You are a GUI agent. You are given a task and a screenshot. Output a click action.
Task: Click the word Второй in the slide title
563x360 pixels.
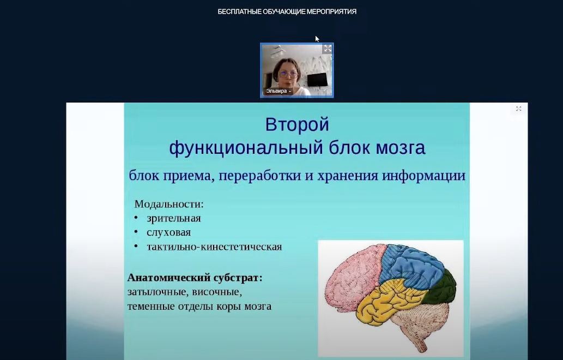click(x=297, y=125)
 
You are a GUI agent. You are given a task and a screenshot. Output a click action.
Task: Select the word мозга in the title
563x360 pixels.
click(x=401, y=148)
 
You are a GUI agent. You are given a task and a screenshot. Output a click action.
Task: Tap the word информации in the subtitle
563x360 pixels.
click(x=423, y=176)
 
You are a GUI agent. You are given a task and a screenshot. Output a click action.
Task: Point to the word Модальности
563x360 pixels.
click(x=169, y=204)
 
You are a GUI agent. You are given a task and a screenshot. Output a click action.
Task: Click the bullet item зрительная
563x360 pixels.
click(x=174, y=218)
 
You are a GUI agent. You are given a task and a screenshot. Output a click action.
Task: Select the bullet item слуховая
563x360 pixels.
click(x=169, y=232)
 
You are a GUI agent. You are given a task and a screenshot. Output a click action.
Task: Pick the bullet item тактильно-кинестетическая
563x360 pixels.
click(x=214, y=247)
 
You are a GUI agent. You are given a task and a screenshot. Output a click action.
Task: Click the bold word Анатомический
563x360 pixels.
click(x=169, y=278)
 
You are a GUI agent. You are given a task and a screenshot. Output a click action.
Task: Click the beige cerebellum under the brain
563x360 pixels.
click(x=426, y=320)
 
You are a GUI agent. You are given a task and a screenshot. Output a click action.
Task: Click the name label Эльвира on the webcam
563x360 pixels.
click(x=276, y=91)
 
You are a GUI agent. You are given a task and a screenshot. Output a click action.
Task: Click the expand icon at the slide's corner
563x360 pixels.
click(x=518, y=109)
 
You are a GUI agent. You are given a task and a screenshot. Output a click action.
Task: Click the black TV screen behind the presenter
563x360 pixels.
click(x=317, y=80)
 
